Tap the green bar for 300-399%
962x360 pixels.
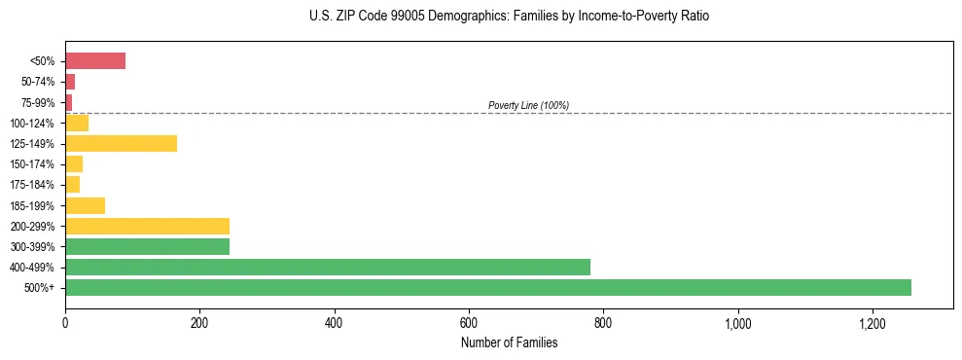tap(147, 247)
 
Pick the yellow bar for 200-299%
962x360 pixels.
tap(147, 226)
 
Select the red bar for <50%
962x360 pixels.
tap(95, 61)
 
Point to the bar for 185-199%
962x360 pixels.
tap(85, 205)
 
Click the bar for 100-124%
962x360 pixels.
tap(77, 124)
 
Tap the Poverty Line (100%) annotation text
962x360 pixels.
tap(528, 105)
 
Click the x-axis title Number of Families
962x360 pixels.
tap(509, 342)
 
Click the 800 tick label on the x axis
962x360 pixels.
tap(603, 323)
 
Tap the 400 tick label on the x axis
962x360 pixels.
tap(334, 323)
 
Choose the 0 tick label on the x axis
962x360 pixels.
tap(65, 323)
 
